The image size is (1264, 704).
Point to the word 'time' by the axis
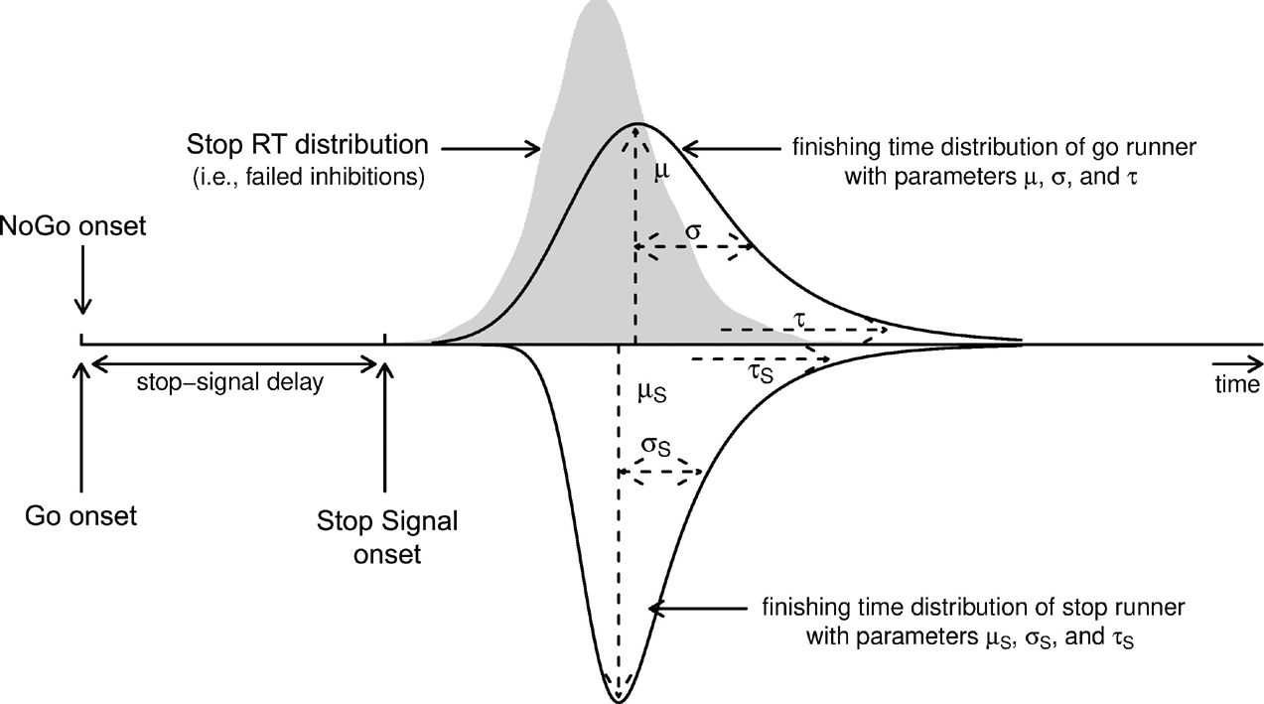1236,385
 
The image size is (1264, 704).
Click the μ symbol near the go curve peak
662,172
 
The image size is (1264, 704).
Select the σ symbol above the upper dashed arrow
693,229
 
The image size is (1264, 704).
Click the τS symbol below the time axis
761,373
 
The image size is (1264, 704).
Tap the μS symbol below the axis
650,391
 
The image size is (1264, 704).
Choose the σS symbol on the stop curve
657,448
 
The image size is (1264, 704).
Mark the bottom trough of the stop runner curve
619,697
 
